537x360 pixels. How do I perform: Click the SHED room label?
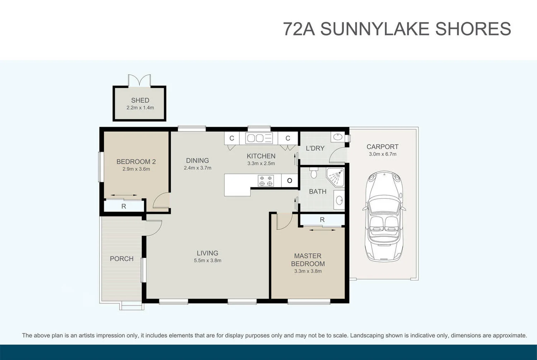[140, 100]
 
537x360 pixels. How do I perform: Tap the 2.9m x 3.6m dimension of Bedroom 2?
[136, 169]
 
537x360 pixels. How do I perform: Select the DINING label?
[197, 160]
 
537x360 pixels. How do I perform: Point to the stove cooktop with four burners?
[266, 181]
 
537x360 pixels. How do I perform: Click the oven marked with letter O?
[290, 181]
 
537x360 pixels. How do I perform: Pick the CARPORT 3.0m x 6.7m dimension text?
[382, 154]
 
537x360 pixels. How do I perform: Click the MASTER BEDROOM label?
[308, 260]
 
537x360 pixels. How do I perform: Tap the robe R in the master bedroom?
[322, 220]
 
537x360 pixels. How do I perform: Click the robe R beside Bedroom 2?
[124, 206]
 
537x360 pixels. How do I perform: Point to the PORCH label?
[122, 259]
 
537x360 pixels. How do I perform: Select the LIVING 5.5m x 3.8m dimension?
[208, 261]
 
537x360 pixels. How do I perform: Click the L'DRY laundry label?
[315, 148]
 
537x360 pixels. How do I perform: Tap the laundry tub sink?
[338, 137]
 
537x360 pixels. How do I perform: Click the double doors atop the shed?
[140, 81]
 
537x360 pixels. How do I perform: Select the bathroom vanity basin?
[339, 200]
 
